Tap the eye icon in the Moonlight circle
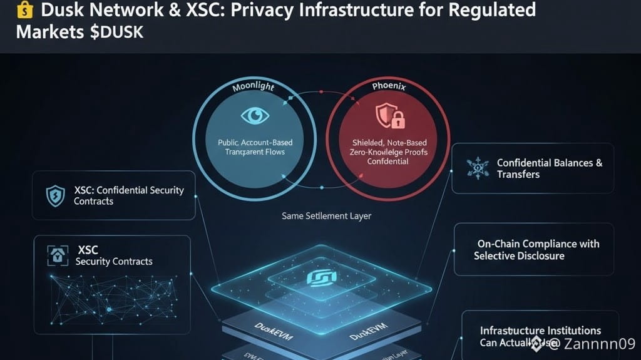pos(255,115)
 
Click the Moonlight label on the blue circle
pos(254,87)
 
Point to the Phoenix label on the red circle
pos(388,87)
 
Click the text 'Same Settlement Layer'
pos(326,215)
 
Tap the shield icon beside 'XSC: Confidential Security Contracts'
pos(56,196)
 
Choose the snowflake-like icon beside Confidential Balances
pos(478,167)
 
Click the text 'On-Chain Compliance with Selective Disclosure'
pos(536,250)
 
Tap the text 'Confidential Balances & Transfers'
pos(549,168)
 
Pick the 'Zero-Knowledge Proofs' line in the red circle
pos(388,152)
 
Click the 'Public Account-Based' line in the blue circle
pos(255,142)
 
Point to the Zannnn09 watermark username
pos(599,343)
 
